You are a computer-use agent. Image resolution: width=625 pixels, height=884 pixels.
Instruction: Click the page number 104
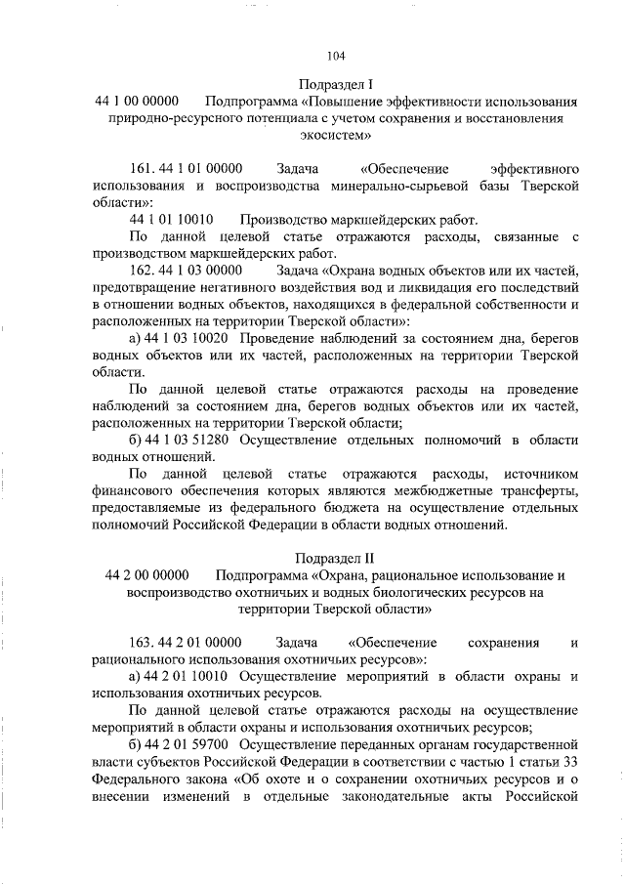point(336,55)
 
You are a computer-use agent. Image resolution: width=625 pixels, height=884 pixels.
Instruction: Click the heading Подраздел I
point(337,83)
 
